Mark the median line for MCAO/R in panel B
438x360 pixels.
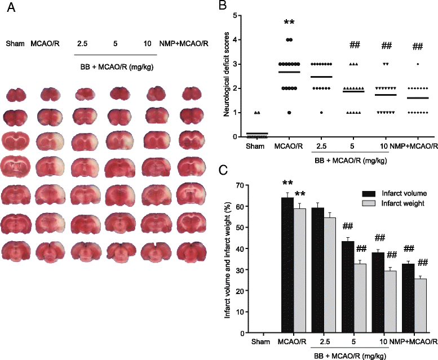(290, 72)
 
